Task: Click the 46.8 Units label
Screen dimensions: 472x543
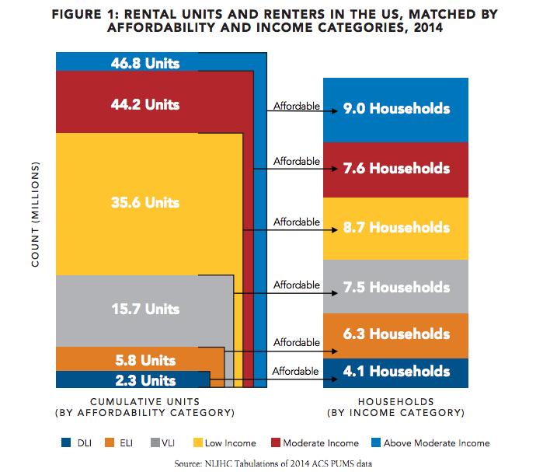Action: point(144,62)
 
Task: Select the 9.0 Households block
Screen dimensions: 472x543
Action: point(395,109)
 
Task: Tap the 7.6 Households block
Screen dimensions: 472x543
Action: point(395,169)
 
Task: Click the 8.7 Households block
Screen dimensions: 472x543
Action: point(395,228)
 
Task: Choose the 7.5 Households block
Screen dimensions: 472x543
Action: point(395,287)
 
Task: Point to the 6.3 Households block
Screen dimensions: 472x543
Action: point(395,334)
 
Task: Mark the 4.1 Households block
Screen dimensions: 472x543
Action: point(395,372)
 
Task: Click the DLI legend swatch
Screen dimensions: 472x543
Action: point(67,443)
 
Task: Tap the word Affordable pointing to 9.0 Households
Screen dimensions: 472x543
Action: point(296,106)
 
